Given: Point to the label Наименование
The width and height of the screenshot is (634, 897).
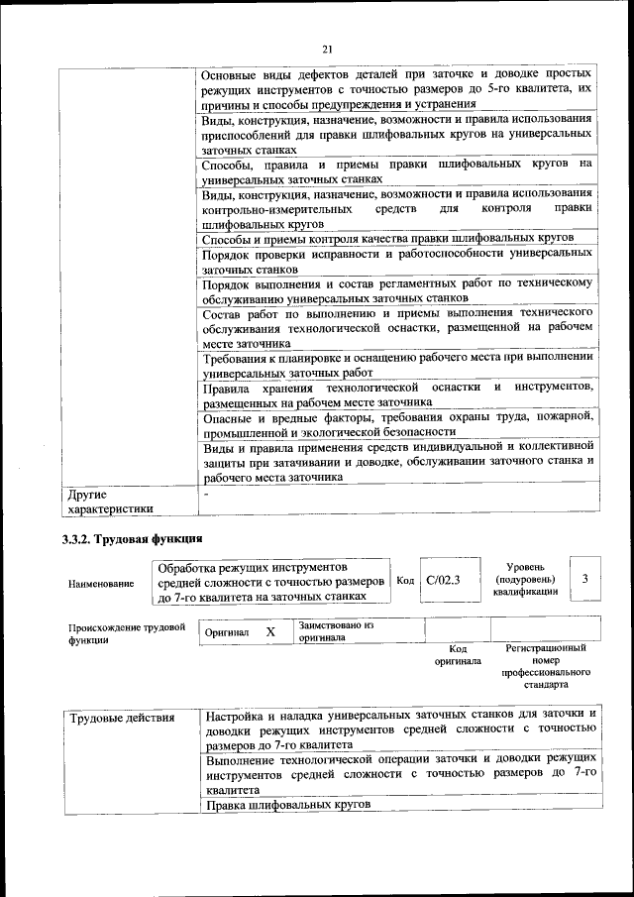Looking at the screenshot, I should [101, 584].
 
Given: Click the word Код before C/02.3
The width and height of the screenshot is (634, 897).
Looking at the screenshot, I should [404, 581].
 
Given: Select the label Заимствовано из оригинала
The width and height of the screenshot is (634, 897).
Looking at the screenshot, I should [337, 631].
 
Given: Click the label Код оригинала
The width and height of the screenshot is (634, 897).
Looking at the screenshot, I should [458, 654].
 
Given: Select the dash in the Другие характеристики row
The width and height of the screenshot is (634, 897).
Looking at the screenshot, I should [206, 493].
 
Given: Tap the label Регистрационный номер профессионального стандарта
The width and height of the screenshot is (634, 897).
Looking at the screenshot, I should [545, 666].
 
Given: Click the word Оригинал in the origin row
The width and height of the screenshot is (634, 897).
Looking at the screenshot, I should [227, 631].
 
